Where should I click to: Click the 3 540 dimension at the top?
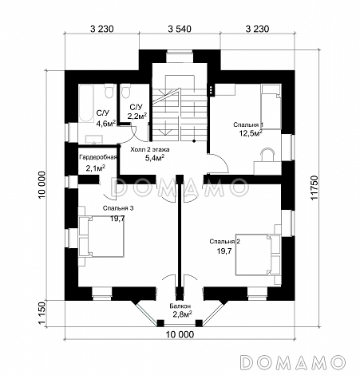click(x=180, y=29)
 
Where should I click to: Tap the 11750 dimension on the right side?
click(x=315, y=187)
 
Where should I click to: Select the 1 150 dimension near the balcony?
click(x=42, y=314)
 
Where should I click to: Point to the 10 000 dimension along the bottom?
click(x=180, y=334)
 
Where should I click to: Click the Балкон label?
click(x=180, y=306)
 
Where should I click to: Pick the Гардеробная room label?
click(x=98, y=157)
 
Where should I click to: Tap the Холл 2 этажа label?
click(x=150, y=150)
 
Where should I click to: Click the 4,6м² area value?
click(x=106, y=124)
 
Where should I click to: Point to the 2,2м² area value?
click(x=137, y=116)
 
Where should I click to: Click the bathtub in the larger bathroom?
click(x=85, y=103)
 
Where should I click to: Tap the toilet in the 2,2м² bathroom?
click(x=125, y=91)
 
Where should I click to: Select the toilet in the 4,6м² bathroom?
click(x=109, y=91)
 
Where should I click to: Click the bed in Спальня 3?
click(x=101, y=236)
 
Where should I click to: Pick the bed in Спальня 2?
click(x=258, y=255)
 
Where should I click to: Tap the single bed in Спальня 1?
click(x=271, y=107)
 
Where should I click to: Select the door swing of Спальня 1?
click(x=218, y=164)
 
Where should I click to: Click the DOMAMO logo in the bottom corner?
click(x=294, y=362)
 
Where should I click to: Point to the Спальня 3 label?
click(x=118, y=208)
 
